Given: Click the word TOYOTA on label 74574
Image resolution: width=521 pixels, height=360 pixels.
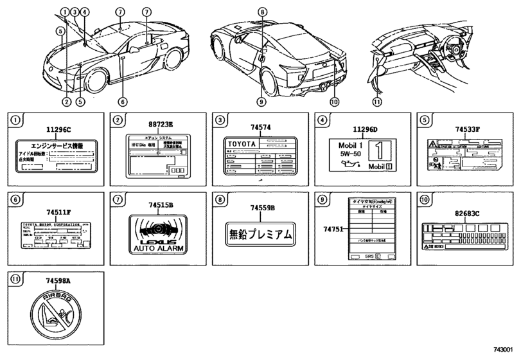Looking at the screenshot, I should [x=242, y=145].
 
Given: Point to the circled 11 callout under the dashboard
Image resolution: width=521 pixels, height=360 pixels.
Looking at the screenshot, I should [x=377, y=102].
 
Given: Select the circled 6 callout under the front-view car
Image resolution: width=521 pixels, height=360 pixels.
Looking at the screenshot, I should [x=123, y=102].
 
